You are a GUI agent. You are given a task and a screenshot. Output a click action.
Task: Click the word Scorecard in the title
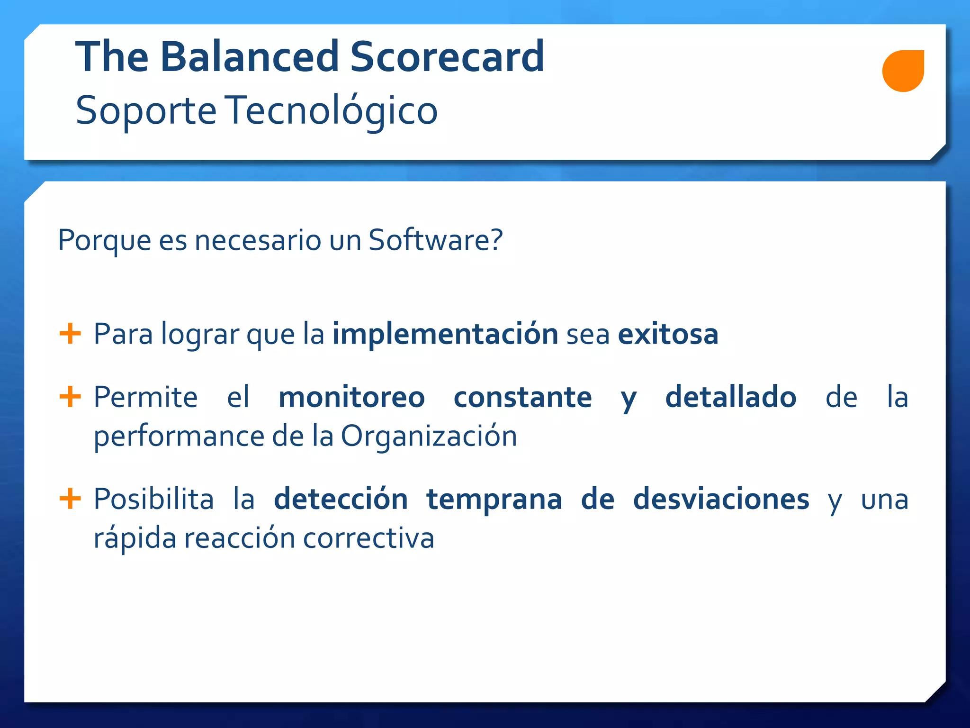pyautogui.click(x=447, y=57)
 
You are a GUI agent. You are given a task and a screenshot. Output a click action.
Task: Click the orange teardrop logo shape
pyautogui.click(x=903, y=71)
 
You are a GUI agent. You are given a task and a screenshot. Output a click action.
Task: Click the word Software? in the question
pyautogui.click(x=435, y=240)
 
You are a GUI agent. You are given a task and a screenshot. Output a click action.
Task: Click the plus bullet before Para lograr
pyautogui.click(x=70, y=333)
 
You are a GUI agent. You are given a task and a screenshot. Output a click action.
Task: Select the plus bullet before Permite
pyautogui.click(x=70, y=396)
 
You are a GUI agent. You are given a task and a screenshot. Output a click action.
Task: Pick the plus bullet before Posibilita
pyautogui.click(x=70, y=498)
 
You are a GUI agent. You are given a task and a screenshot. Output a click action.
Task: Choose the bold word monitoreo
pyautogui.click(x=351, y=397)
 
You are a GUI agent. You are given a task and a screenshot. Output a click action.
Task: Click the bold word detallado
pyautogui.click(x=731, y=397)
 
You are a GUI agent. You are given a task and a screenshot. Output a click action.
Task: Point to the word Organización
pyautogui.click(x=429, y=436)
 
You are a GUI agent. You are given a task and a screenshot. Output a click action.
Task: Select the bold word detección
pyautogui.click(x=341, y=500)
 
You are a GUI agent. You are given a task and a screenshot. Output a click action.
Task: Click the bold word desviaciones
pyautogui.click(x=721, y=500)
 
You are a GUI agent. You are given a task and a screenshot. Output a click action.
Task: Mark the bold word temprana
pyautogui.click(x=494, y=500)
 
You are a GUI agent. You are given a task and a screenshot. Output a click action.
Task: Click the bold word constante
pyautogui.click(x=522, y=397)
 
